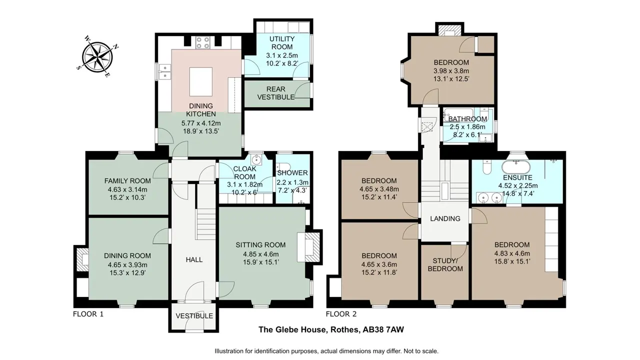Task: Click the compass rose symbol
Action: coord(97,56)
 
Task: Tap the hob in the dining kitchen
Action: coord(203,42)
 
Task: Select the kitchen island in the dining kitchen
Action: coord(201,82)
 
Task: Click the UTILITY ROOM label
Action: coord(282,43)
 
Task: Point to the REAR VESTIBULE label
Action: coord(276,93)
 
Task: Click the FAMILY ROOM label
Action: coord(127,181)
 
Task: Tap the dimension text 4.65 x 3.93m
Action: coord(127,264)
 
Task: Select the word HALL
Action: coord(194,259)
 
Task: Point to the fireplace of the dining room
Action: coord(82,259)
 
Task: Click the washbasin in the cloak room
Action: coord(256,159)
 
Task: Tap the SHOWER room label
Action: coord(292,173)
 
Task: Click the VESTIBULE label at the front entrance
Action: coord(194,316)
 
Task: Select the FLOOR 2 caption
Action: coord(341,314)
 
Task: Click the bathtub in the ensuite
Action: coord(516,167)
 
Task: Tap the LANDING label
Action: coord(445,219)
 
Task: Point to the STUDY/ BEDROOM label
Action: coord(445,265)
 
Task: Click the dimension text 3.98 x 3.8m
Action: coord(451,71)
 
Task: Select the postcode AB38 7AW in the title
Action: coord(383,329)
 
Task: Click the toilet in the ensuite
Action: coord(486,167)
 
